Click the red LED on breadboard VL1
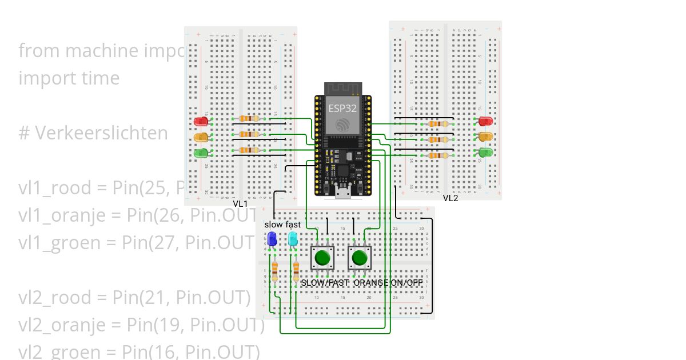(x=201, y=121)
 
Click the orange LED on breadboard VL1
(x=201, y=137)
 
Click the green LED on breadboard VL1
(x=201, y=153)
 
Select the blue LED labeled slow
(x=272, y=238)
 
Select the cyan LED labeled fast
(x=293, y=238)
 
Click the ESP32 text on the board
(x=342, y=107)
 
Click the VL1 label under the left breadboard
(x=240, y=204)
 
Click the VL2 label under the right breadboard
(x=450, y=198)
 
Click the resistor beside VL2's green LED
(x=438, y=155)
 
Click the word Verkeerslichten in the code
(x=102, y=133)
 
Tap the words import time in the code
(x=69, y=78)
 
